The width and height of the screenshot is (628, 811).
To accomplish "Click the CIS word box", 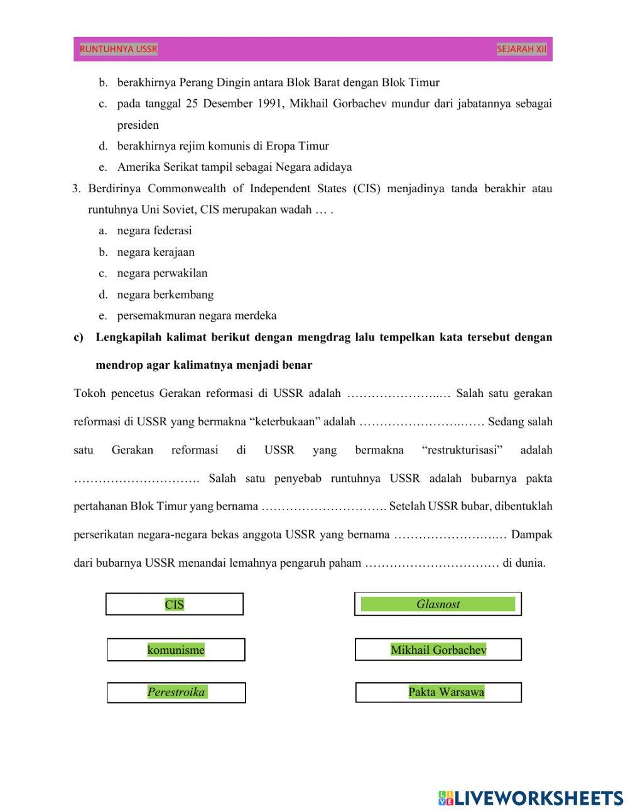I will click(174, 604).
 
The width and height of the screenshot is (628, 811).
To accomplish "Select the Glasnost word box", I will click(438, 604).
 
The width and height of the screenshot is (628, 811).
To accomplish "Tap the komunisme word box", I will click(176, 650).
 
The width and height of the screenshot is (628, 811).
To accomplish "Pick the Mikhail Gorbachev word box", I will click(438, 650).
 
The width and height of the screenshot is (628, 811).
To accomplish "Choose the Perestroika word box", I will click(176, 692).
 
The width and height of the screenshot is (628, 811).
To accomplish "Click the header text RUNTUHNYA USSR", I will click(119, 49).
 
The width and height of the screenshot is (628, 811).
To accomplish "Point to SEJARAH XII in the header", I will click(521, 49).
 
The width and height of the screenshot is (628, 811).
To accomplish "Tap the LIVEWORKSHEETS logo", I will click(530, 798).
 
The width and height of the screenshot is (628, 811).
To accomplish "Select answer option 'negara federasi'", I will click(154, 231).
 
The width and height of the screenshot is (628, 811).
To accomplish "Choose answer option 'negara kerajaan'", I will click(156, 252).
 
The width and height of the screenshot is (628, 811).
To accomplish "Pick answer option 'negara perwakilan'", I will click(162, 273).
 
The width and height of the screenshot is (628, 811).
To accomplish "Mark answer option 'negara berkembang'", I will click(165, 295).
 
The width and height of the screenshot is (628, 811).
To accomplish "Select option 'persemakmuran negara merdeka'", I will click(197, 315).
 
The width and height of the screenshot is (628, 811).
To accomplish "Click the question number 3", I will click(76, 188).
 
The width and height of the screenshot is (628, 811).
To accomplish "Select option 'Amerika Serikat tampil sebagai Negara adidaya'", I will click(234, 167).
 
